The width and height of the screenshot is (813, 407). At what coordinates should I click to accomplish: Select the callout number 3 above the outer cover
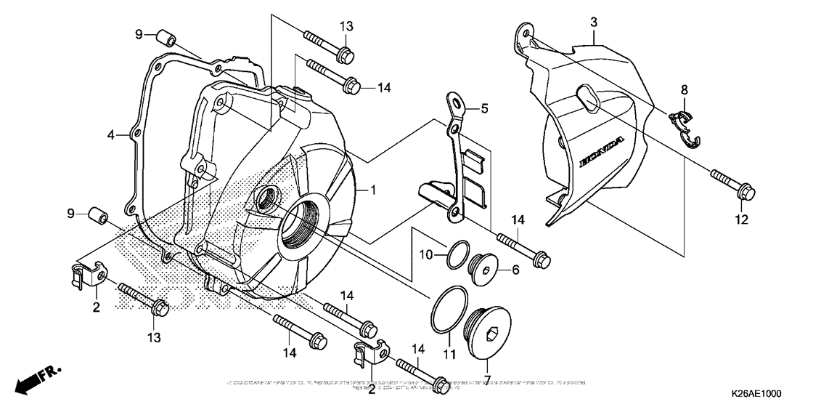(x=593, y=23)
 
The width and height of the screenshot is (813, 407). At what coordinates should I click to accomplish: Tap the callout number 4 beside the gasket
(x=111, y=135)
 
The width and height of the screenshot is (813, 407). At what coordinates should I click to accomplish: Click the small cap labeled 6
(x=483, y=268)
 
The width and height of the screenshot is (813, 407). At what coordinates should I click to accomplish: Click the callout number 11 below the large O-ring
(x=449, y=354)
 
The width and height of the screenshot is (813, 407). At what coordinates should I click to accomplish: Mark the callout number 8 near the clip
(x=684, y=90)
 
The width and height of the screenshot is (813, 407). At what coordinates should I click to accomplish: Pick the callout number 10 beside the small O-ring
(x=427, y=254)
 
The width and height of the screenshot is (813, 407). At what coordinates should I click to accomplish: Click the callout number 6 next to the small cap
(x=516, y=270)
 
